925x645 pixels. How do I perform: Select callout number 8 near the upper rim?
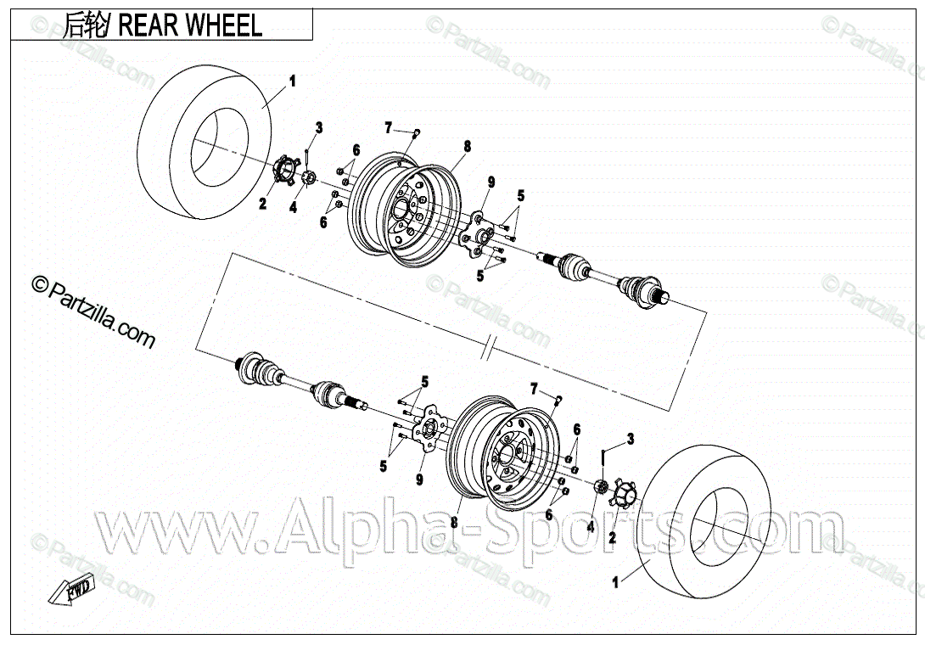pyautogui.click(x=466, y=147)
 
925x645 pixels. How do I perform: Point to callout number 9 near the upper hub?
pyautogui.click(x=491, y=182)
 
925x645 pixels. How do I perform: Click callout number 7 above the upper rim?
pyautogui.click(x=389, y=128)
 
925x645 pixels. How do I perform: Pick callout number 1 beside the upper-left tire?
pyautogui.click(x=293, y=82)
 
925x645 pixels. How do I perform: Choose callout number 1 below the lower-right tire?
pyautogui.click(x=616, y=582)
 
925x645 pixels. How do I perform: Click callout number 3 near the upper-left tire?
pyautogui.click(x=319, y=128)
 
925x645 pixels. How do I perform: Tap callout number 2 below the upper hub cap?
pyautogui.click(x=263, y=204)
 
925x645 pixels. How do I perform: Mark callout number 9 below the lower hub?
pyautogui.click(x=419, y=480)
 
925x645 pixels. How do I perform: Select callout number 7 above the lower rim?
pyautogui.click(x=534, y=389)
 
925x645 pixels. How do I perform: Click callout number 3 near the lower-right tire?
pyautogui.click(x=630, y=438)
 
